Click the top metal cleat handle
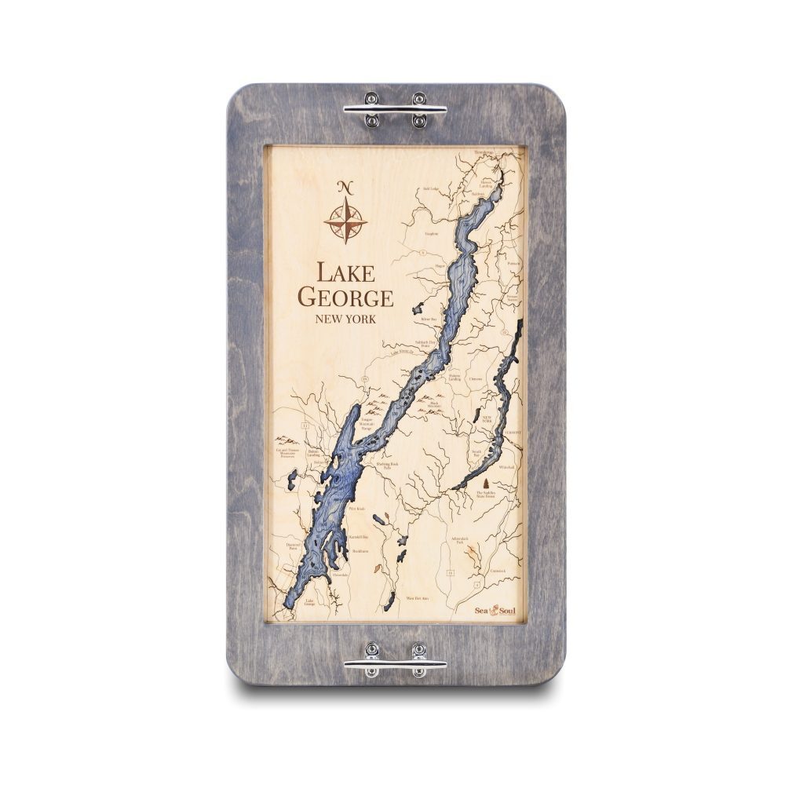[x=395, y=109]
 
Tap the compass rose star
[x=345, y=220]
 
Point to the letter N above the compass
[x=345, y=187]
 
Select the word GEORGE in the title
[x=345, y=298]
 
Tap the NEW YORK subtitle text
[x=345, y=319]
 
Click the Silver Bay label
[x=428, y=319]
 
